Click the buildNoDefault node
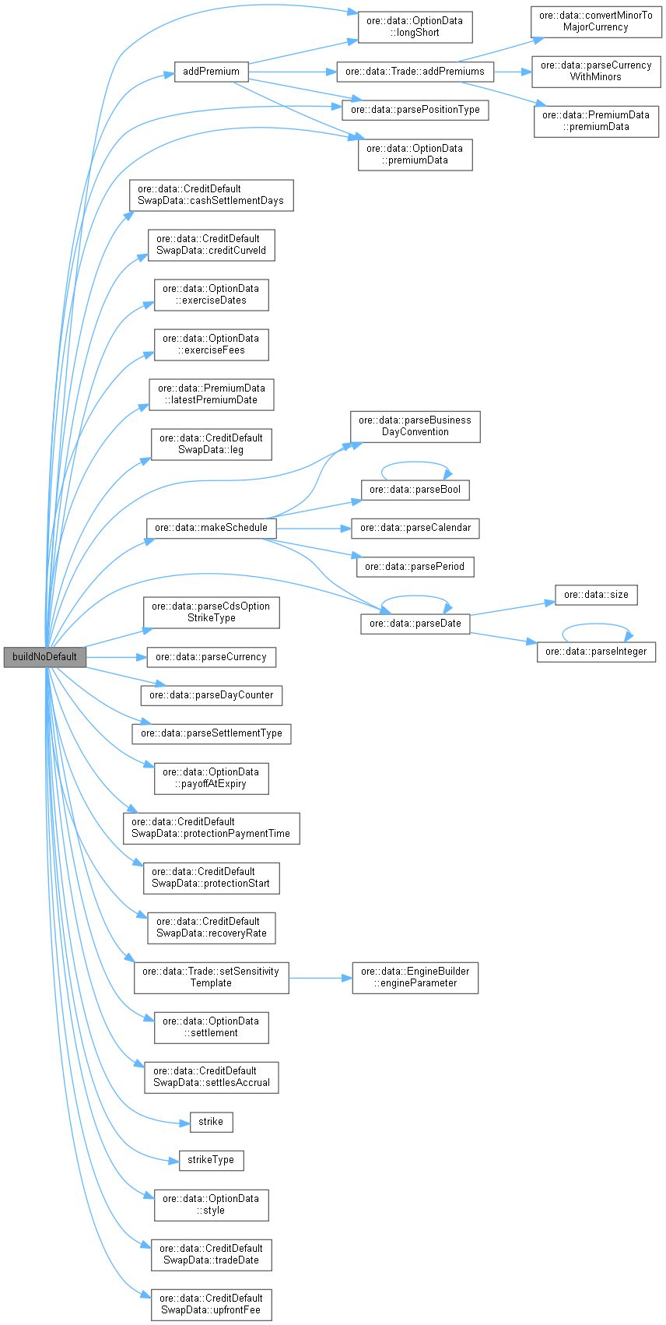(x=44, y=656)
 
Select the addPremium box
(x=211, y=72)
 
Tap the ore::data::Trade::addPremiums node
(x=415, y=72)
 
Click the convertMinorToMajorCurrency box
(x=596, y=21)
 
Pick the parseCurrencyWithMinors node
(x=596, y=71)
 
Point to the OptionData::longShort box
(x=415, y=26)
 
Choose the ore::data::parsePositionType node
(x=415, y=110)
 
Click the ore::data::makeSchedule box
(x=211, y=528)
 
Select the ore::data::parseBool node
(x=415, y=490)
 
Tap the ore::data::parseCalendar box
(x=415, y=528)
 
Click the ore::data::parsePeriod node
(x=415, y=567)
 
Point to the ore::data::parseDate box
(x=415, y=624)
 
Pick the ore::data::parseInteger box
(x=596, y=652)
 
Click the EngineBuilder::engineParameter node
(x=415, y=977)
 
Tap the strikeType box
(x=211, y=1160)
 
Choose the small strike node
(x=211, y=1122)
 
